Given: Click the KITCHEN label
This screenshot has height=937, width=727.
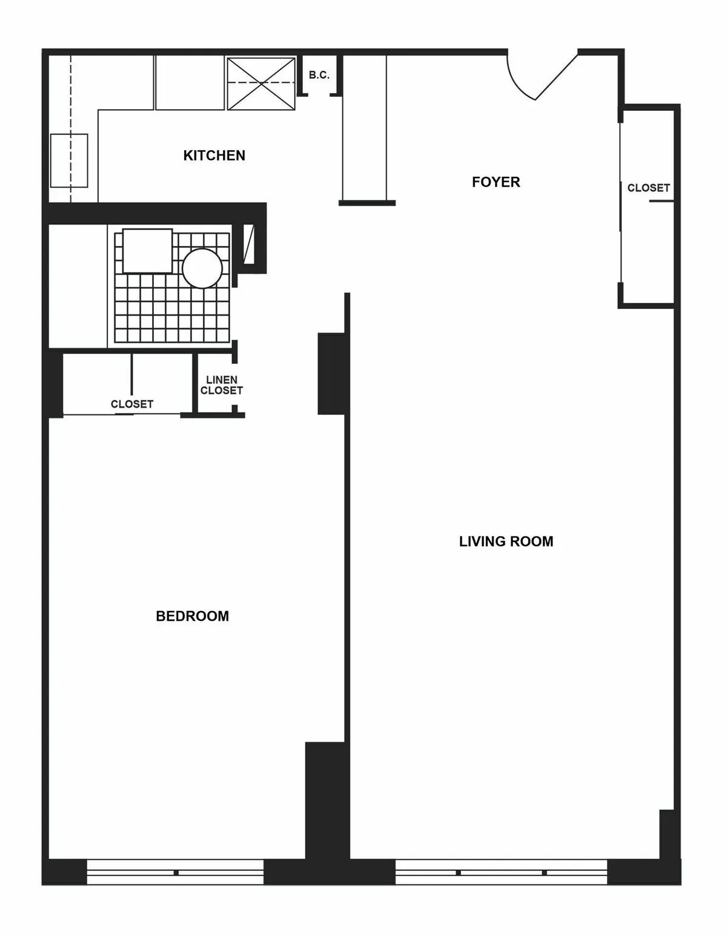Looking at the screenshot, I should [214, 156].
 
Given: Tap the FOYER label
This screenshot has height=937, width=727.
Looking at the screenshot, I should [496, 182].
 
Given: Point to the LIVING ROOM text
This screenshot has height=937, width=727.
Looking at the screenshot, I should [506, 541].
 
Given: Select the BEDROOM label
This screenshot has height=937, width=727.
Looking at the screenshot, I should [193, 617].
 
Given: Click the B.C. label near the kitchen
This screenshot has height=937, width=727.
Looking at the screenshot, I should [319, 76].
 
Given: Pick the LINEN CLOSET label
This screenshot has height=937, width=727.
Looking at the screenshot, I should [222, 386].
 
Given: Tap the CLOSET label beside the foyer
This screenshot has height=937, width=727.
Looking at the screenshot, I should [648, 188].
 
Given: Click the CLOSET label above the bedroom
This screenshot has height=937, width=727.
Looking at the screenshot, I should [132, 404].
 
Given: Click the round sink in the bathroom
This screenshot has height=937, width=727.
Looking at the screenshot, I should [202, 268].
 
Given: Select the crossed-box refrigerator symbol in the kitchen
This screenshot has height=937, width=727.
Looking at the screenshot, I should [261, 83].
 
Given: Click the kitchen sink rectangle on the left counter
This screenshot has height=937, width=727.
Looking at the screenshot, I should [69, 161].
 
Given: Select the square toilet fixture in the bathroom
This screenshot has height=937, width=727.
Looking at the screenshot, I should [147, 251].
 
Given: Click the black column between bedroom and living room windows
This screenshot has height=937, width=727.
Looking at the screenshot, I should [327, 806].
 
